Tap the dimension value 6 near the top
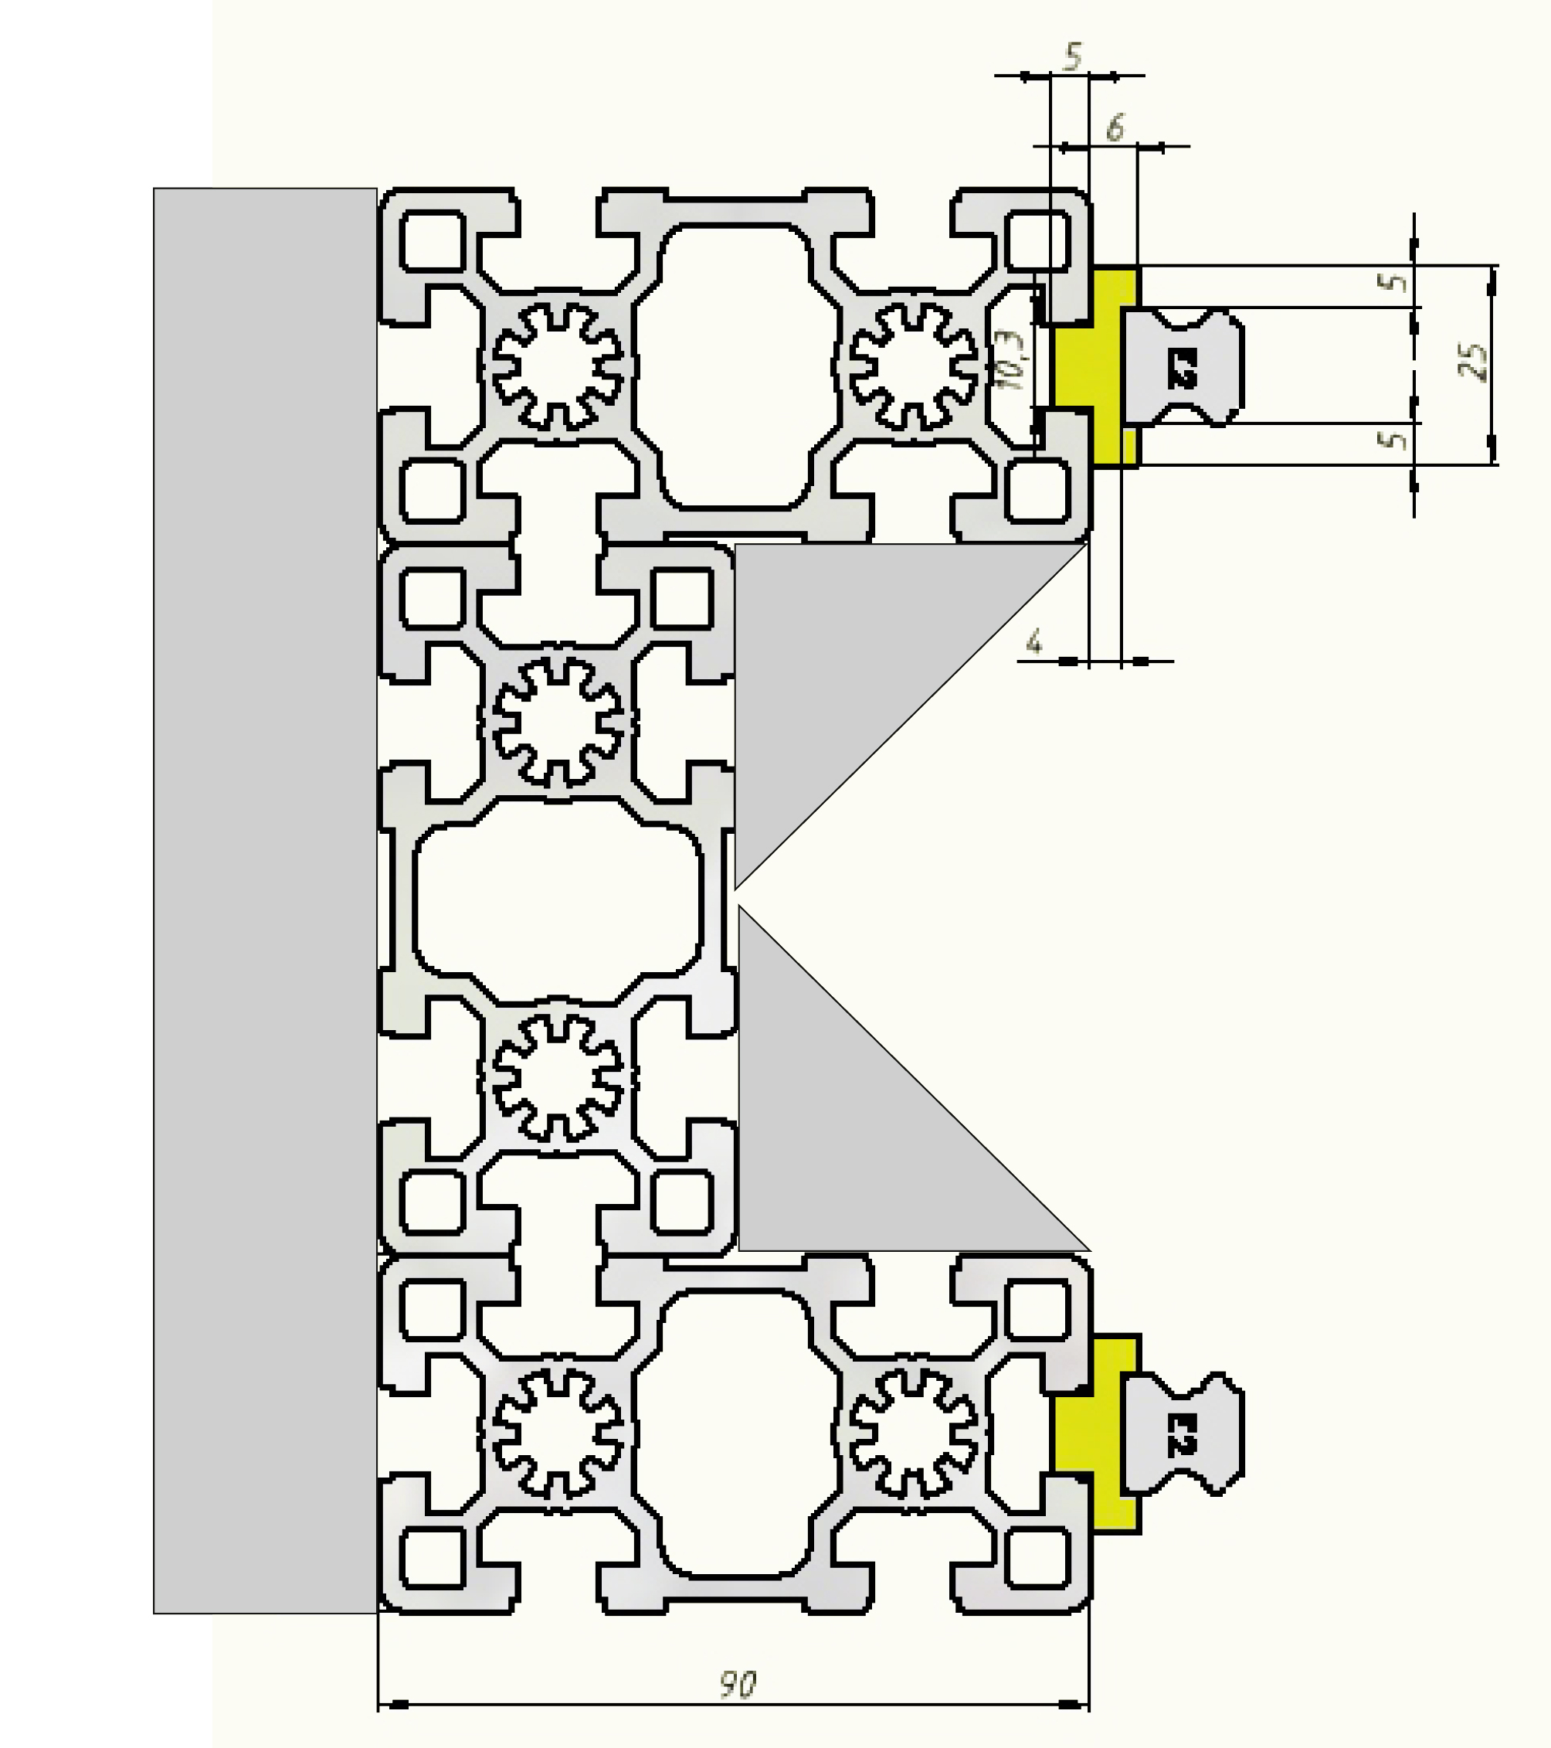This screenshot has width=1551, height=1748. [1114, 128]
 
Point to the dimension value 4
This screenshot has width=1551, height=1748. [1034, 641]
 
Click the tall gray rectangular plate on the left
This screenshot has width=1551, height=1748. [265, 898]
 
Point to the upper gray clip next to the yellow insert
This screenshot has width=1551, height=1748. [1182, 367]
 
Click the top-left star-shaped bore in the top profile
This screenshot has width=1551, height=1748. [558, 366]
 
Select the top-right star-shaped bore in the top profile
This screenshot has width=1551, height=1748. [913, 366]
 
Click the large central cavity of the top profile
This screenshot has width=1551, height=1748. [735, 366]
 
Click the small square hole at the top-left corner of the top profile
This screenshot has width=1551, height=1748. [433, 241]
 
